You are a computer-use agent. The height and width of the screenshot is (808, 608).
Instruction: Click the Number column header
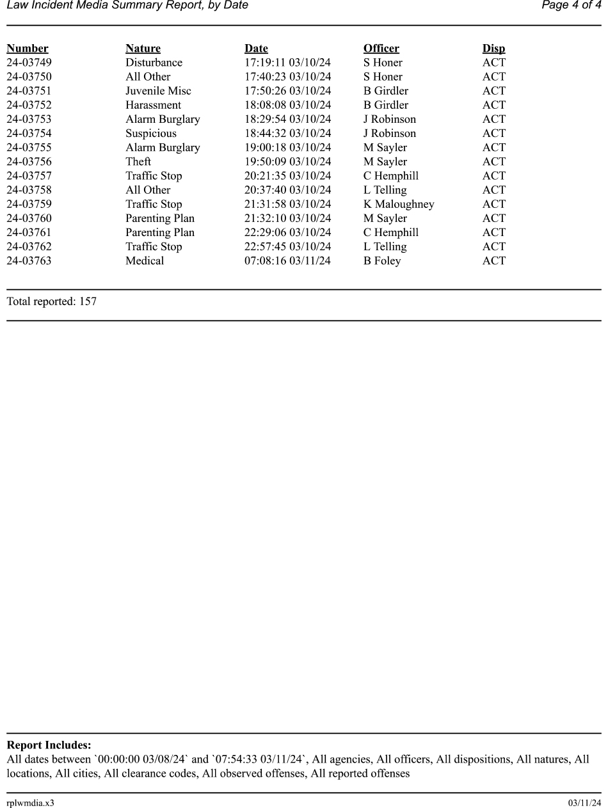[28, 49]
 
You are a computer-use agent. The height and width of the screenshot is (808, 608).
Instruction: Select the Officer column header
[381, 49]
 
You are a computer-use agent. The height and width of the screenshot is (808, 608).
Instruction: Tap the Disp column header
[493, 49]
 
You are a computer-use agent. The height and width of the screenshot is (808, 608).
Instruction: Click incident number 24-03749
[29, 63]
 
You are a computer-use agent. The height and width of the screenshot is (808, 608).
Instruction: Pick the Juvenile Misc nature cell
[158, 91]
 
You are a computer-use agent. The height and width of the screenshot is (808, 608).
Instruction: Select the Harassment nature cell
[153, 105]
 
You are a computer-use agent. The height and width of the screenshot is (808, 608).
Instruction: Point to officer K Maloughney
[399, 204]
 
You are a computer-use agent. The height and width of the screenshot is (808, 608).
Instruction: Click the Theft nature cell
[138, 162]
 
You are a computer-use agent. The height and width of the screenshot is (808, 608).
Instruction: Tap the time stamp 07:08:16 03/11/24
[287, 261]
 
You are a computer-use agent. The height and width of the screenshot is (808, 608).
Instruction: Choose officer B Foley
[382, 261]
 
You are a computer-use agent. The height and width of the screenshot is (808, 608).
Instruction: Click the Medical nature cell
[145, 261]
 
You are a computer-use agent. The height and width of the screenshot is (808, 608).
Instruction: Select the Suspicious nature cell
[151, 134]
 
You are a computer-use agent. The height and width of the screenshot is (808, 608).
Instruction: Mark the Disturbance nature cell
[154, 63]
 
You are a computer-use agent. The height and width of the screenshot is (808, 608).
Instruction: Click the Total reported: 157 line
[52, 301]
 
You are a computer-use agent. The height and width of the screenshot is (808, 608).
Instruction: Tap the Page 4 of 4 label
[571, 6]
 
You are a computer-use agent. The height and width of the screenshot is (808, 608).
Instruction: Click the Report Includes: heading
[49, 745]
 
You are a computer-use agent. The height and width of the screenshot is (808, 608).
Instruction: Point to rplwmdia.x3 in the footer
[31, 803]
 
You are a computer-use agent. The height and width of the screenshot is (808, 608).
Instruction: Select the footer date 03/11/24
[584, 803]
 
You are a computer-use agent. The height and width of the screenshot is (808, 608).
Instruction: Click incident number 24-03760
[29, 219]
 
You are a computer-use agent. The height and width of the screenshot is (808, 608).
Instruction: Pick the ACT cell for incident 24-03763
[493, 261]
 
